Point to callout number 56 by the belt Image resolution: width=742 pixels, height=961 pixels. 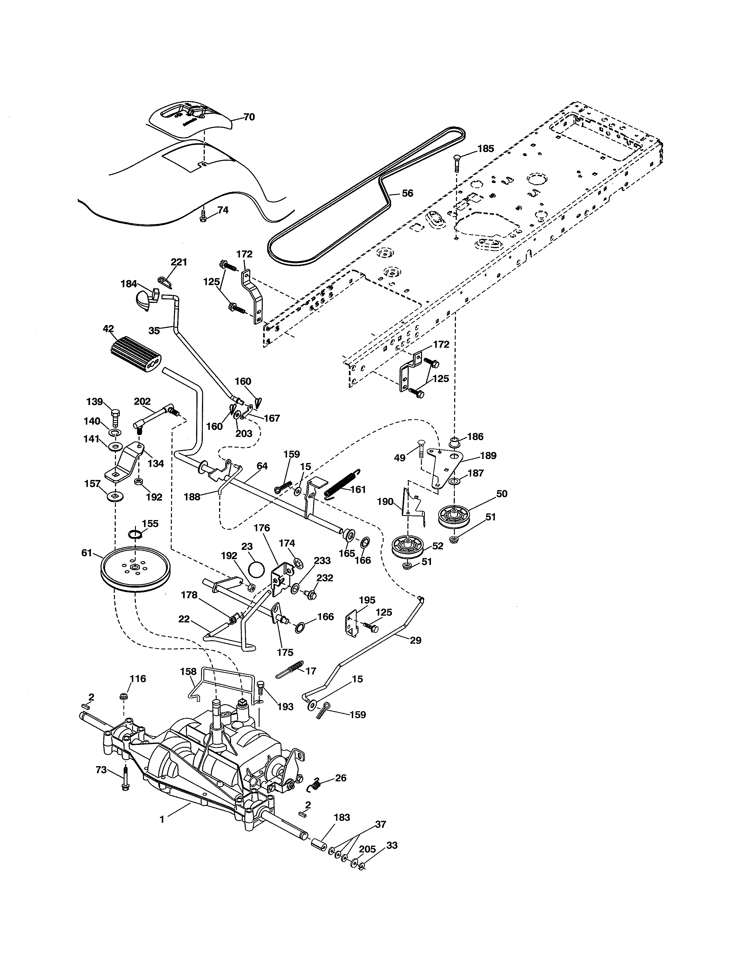(407, 193)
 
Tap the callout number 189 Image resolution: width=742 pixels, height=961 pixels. (488, 455)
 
